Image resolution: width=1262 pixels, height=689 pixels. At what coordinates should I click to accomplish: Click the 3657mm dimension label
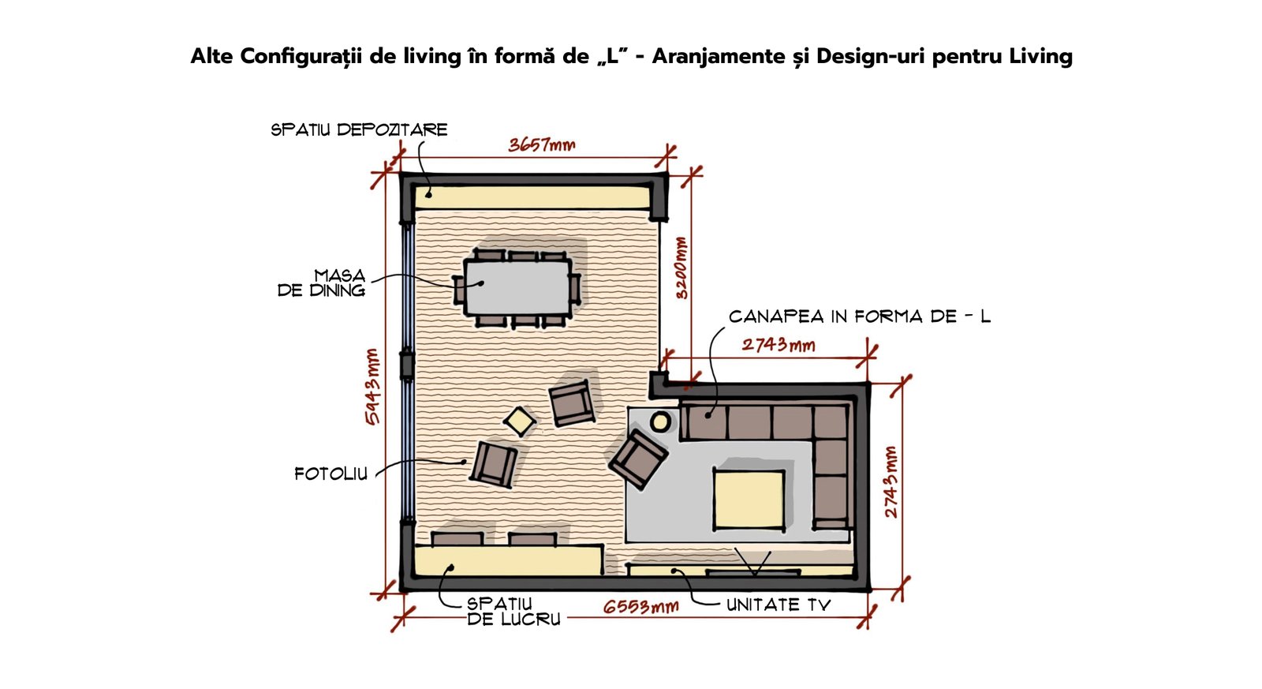click(541, 145)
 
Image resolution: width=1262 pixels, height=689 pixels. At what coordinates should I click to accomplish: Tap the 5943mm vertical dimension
click(372, 387)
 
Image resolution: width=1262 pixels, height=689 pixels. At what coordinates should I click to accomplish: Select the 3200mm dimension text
click(681, 268)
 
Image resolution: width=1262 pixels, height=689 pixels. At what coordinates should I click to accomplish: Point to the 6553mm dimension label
click(641, 607)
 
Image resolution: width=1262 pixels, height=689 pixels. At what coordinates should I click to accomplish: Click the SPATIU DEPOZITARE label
click(360, 129)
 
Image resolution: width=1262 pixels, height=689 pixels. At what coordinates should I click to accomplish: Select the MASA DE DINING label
click(322, 283)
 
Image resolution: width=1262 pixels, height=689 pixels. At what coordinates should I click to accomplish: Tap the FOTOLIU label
click(330, 474)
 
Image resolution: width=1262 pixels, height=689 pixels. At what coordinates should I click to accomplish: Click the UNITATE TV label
click(778, 605)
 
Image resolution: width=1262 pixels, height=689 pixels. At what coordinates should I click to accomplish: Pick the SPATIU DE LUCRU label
click(513, 612)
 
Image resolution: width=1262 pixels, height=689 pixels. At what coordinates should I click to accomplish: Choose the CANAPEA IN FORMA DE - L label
click(860, 316)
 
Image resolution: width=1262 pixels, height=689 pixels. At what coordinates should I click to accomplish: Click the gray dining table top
click(517, 287)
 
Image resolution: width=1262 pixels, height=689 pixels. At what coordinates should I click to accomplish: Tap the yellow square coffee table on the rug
click(749, 499)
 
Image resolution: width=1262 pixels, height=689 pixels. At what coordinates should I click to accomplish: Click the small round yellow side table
click(660, 421)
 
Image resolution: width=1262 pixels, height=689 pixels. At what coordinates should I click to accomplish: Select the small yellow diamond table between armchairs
click(520, 421)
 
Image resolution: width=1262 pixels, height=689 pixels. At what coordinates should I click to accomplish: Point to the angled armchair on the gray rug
click(639, 459)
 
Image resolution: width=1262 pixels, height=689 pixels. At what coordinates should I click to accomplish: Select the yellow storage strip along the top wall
click(533, 197)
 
